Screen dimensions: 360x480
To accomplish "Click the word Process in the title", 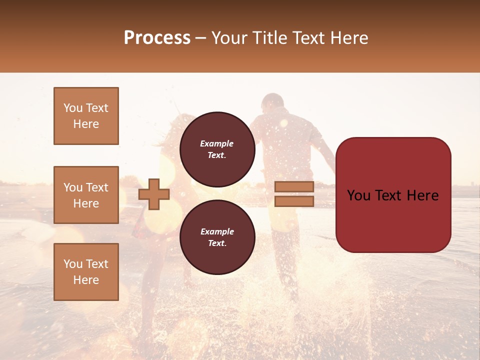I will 157,38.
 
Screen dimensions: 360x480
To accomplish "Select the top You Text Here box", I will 86,116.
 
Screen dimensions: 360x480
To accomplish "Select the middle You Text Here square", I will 86,195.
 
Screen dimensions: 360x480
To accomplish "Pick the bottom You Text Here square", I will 86,271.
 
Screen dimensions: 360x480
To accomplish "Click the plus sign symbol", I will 154,194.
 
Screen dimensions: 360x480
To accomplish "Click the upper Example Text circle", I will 217,149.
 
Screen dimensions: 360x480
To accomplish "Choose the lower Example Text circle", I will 217,237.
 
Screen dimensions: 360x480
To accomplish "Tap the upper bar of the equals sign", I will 294,187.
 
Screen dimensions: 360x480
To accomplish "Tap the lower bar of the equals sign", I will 294,201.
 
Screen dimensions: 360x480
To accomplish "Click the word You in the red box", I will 358,195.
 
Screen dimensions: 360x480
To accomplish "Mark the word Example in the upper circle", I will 217,143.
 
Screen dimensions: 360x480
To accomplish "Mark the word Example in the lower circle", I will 217,231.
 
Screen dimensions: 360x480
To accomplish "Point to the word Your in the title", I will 230,38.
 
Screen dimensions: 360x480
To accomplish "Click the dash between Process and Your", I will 200,38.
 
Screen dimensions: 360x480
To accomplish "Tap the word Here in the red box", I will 422,195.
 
